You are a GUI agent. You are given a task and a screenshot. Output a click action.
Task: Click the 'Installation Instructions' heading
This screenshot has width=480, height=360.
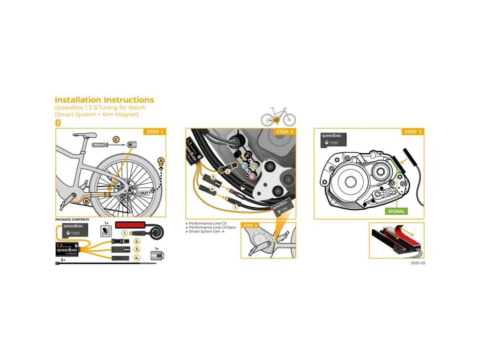[104, 100]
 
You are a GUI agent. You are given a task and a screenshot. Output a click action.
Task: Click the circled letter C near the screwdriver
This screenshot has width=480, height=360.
[116, 140]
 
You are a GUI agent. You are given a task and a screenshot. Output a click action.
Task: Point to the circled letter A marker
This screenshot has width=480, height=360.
[161, 161]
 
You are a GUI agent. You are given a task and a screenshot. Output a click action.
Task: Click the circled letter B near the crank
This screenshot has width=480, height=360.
[86, 201]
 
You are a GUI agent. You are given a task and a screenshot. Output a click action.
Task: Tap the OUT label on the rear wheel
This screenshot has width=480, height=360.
[145, 193]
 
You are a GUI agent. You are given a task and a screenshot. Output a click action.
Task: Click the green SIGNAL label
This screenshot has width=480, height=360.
[396, 211]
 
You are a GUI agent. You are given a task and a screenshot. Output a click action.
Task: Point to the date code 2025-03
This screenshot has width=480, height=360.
[417, 263]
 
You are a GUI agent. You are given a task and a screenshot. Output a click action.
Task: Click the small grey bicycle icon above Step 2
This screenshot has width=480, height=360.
[278, 117]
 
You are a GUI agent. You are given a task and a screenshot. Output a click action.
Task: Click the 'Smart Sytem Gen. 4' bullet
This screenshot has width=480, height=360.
[206, 232]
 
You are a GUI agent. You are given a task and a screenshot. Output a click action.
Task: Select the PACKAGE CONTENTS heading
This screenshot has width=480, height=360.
[72, 219]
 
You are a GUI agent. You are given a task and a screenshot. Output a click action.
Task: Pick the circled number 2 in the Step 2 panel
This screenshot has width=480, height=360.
[228, 172]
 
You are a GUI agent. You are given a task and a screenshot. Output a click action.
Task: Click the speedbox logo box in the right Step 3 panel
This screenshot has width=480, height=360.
[334, 139]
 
